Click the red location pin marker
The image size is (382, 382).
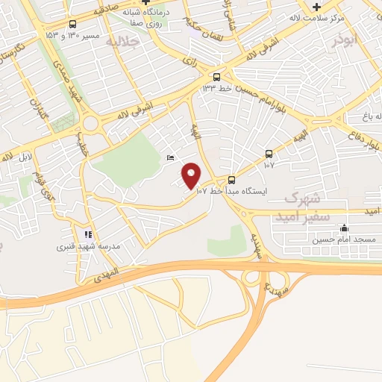(x=192, y=175)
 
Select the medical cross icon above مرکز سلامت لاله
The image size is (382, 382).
(x=316, y=7)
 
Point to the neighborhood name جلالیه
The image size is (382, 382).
(x=124, y=42)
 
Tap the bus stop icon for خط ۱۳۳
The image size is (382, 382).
(x=216, y=77)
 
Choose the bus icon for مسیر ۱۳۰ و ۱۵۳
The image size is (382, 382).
(x=73, y=22)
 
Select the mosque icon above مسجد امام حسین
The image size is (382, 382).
(x=343, y=228)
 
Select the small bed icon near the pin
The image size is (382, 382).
(x=170, y=157)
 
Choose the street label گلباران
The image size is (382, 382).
(x=37, y=113)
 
